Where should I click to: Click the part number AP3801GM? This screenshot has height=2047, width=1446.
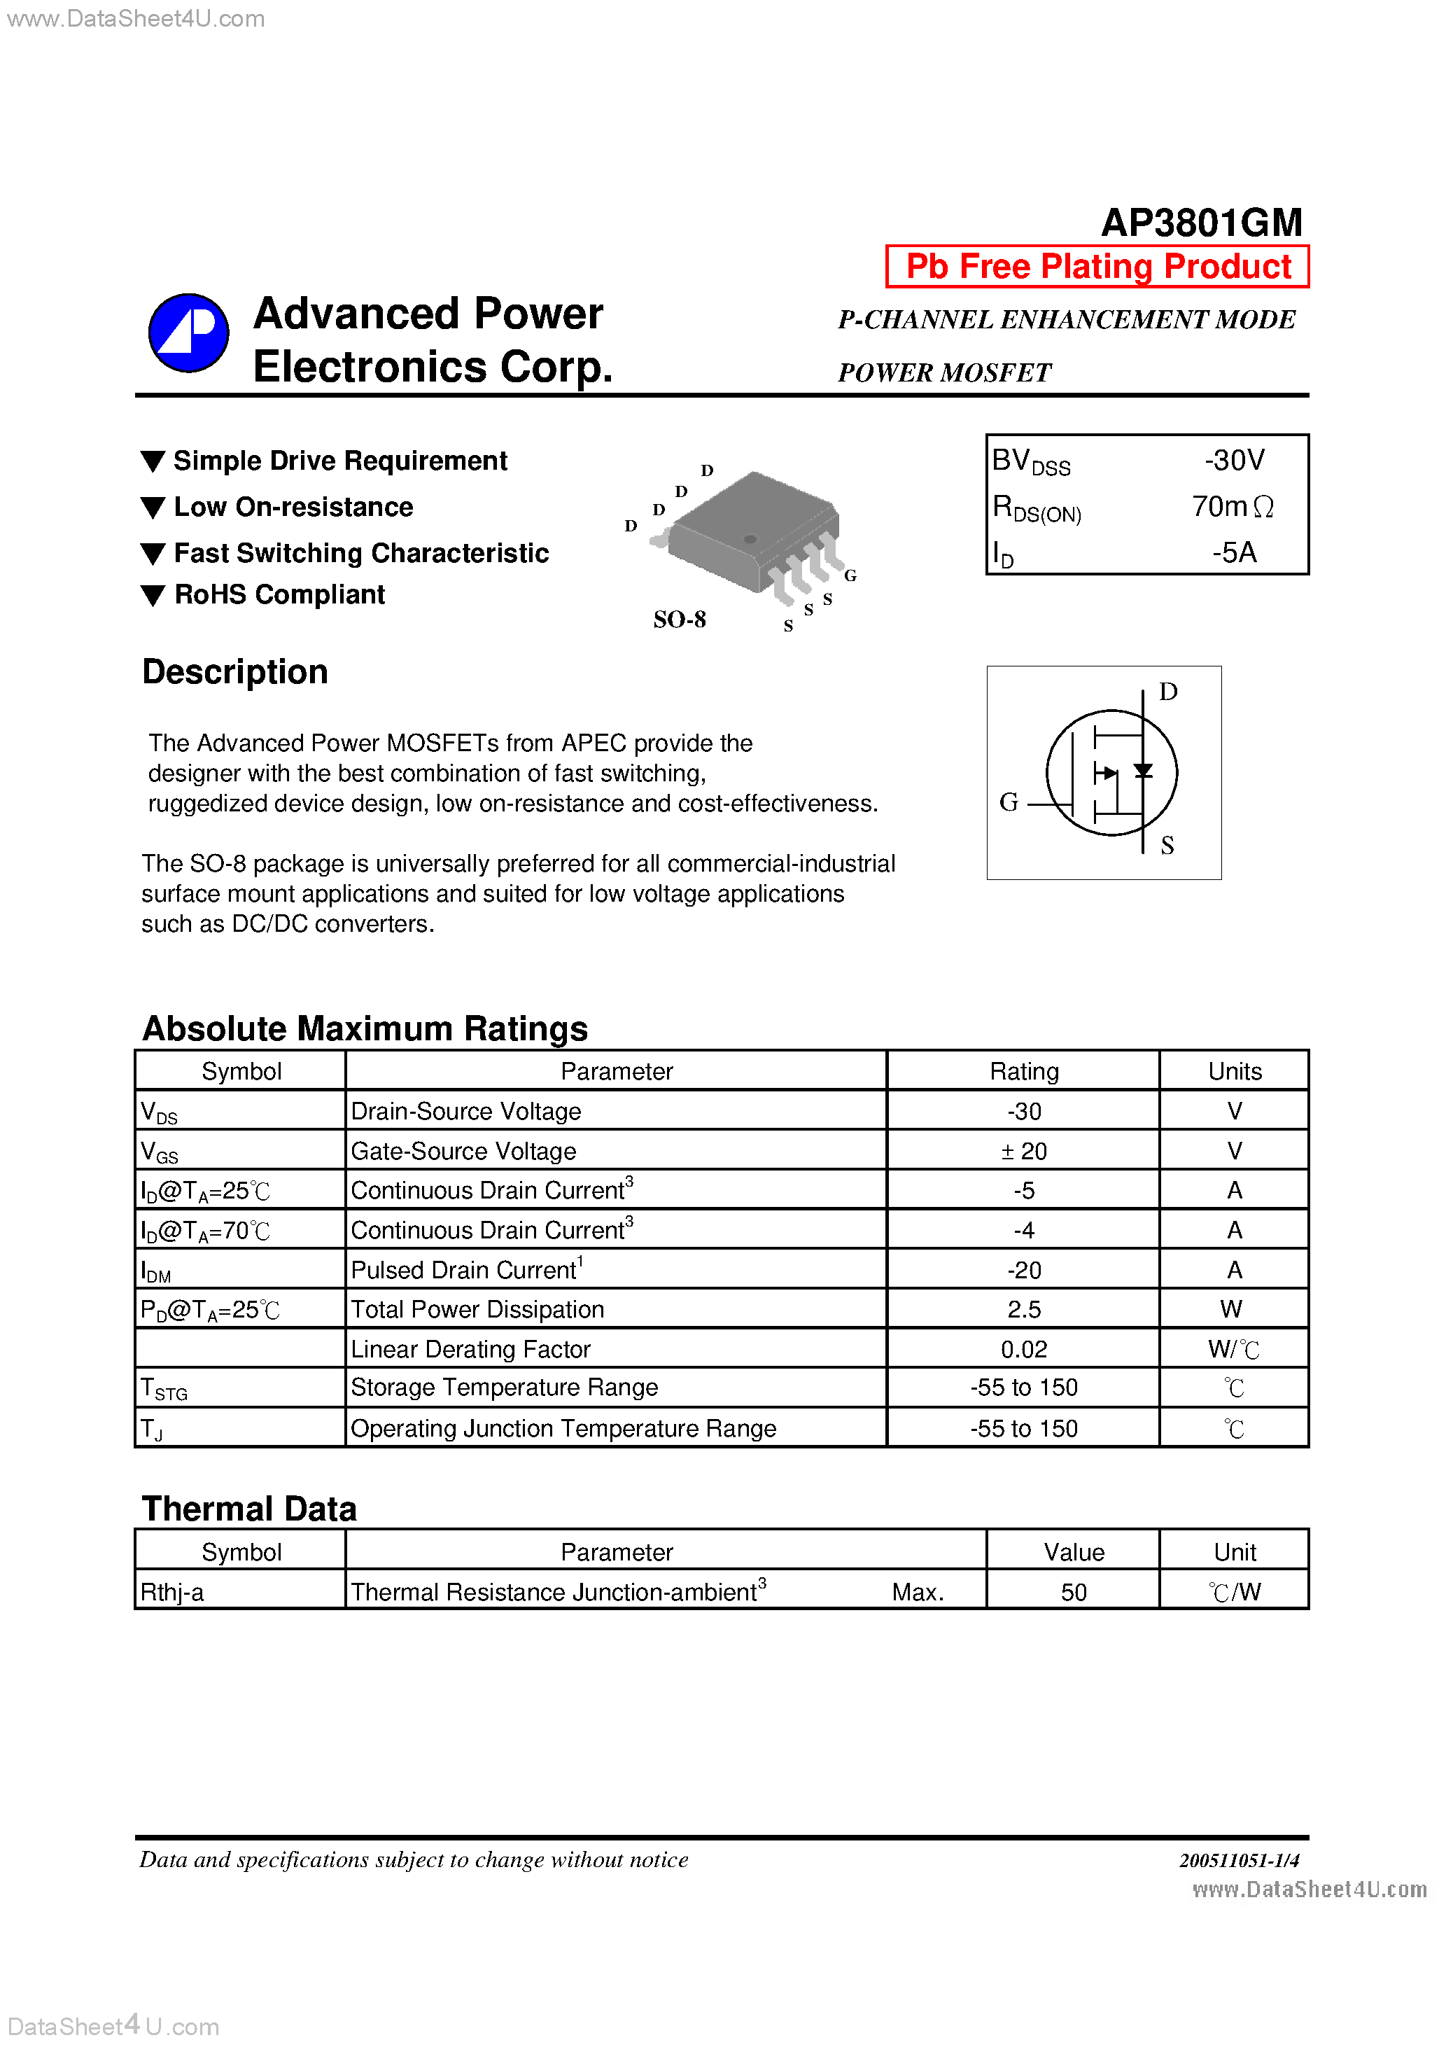[1201, 222]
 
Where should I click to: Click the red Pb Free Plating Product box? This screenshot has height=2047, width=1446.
[1097, 267]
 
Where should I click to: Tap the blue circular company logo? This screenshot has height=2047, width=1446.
[188, 333]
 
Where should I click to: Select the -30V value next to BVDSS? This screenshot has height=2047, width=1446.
[1234, 460]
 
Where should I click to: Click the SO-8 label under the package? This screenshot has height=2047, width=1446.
[680, 619]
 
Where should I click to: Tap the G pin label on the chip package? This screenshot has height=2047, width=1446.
[850, 575]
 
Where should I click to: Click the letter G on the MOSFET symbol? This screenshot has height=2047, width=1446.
[1009, 802]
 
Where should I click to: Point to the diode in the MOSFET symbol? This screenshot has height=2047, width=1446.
[1142, 770]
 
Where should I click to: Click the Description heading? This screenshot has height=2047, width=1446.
[235, 672]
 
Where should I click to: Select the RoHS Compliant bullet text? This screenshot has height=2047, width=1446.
[279, 594]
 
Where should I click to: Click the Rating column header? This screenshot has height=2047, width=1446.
[1023, 1070]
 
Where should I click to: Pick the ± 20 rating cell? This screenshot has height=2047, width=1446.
[1023, 1151]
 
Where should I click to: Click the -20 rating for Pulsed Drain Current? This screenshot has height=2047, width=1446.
[1023, 1269]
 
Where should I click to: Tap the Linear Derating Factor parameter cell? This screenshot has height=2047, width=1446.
[471, 1349]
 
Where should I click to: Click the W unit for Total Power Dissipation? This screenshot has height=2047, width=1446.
[1231, 1309]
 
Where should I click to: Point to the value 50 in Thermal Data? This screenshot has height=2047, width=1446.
[1074, 1593]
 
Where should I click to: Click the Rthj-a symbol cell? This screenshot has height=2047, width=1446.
[172, 1593]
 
